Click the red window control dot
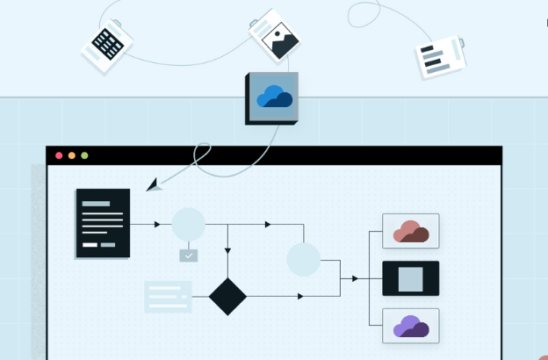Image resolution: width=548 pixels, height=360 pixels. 59,155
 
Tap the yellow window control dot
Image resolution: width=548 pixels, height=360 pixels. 72,155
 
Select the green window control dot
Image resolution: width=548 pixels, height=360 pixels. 84,155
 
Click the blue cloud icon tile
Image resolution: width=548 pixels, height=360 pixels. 272,97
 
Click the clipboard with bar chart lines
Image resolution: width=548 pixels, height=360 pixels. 439,57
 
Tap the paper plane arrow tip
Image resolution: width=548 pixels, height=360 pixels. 153,185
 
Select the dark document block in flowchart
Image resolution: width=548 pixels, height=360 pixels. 103,223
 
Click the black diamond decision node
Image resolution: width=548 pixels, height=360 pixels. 228,296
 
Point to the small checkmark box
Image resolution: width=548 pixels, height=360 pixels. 189,256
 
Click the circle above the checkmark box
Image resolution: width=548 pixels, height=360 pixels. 188,225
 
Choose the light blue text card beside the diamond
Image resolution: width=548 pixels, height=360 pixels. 168,297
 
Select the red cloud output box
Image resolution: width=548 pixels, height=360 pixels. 411,232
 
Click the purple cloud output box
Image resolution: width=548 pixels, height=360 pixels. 411,327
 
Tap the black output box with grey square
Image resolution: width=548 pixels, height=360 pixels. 411,279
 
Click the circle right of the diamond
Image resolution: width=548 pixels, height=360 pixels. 304,260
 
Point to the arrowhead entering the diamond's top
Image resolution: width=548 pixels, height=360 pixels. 228,251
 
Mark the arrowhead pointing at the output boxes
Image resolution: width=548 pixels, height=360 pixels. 355,278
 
